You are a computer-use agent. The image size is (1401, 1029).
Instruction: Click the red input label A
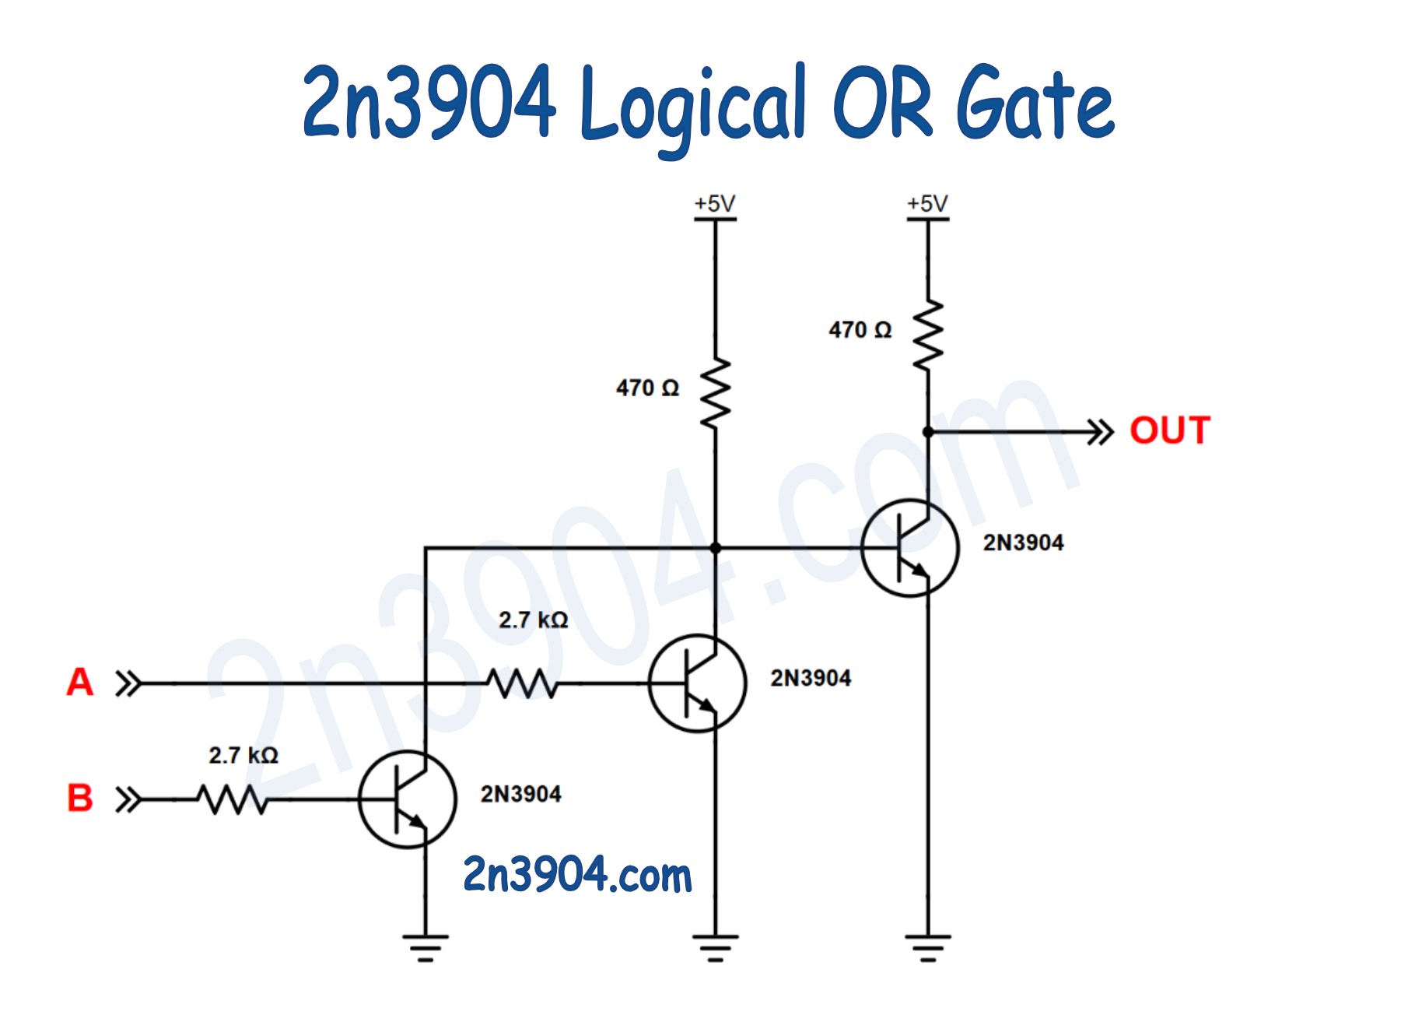tap(79, 682)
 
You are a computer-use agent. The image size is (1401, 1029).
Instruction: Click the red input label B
tap(79, 798)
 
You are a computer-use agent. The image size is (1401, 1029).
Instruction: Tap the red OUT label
tap(1169, 430)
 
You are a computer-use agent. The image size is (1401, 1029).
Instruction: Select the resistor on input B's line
tap(232, 799)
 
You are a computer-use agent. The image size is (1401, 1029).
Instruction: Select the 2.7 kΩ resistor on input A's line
tap(522, 683)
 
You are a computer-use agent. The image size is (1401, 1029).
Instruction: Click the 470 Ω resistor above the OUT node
tap(928, 335)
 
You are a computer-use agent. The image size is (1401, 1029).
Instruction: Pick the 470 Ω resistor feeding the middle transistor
tap(716, 393)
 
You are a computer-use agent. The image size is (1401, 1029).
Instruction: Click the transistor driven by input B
tap(407, 799)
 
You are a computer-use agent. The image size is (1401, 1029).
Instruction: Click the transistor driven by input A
tap(697, 683)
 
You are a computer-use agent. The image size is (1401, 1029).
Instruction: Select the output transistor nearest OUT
tap(909, 548)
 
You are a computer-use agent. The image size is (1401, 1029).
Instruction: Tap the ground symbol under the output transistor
tap(928, 946)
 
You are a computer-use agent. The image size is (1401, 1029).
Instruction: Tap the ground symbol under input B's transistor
tap(426, 946)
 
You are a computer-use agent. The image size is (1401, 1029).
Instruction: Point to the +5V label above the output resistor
tap(927, 203)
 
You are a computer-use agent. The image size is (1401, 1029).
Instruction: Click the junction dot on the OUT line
tap(928, 432)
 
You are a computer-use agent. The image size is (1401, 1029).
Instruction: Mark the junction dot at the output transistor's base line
tap(716, 548)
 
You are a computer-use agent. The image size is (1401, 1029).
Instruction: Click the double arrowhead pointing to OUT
tap(1101, 432)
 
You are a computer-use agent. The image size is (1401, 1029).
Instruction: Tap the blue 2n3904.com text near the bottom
tap(576, 874)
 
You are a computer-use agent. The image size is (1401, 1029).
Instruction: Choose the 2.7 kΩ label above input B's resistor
tap(243, 755)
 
